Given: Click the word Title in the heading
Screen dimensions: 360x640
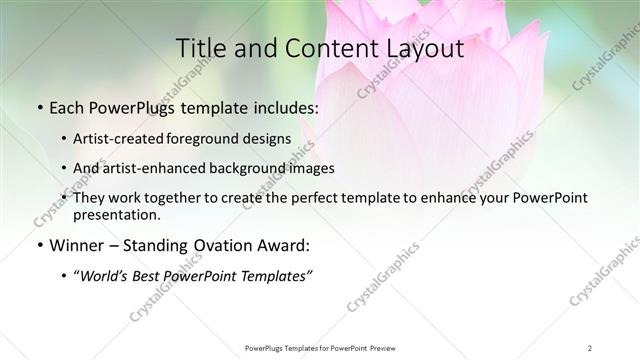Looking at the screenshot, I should (198, 48).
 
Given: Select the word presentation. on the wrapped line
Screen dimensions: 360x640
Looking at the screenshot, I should (117, 215).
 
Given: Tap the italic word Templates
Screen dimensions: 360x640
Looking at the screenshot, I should (276, 276).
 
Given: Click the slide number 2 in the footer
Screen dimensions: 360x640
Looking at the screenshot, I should (590, 347).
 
